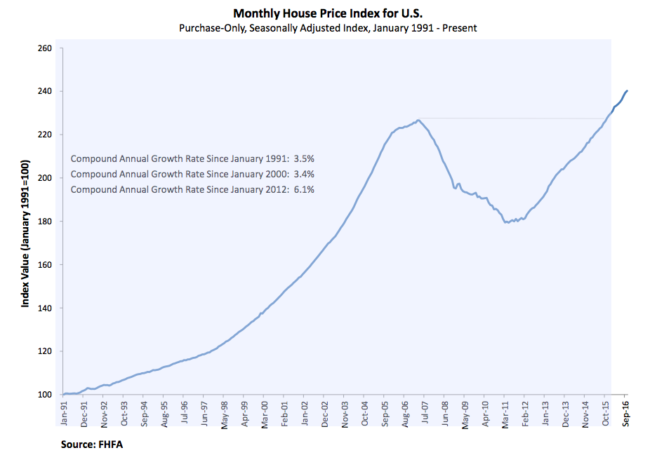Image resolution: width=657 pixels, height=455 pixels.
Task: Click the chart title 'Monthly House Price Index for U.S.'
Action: point(328,13)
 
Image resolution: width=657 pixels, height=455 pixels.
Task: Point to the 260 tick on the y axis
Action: point(45,48)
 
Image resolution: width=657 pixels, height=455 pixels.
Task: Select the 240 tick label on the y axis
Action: point(45,92)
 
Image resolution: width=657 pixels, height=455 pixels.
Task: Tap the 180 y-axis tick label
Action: point(45,222)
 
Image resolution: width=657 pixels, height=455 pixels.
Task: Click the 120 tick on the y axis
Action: point(45,352)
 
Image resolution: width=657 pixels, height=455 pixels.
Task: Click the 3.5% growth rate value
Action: point(303,158)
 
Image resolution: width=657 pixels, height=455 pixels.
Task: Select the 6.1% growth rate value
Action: point(303,189)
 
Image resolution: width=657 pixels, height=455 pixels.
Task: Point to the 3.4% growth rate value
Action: point(303,174)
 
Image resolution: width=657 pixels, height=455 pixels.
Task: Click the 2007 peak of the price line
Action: point(418,120)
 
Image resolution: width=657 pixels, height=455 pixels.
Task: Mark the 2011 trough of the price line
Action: point(505,222)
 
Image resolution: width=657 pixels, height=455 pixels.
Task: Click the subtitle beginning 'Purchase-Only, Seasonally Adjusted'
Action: point(328,27)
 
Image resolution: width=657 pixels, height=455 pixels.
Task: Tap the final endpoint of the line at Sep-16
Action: point(627,90)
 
